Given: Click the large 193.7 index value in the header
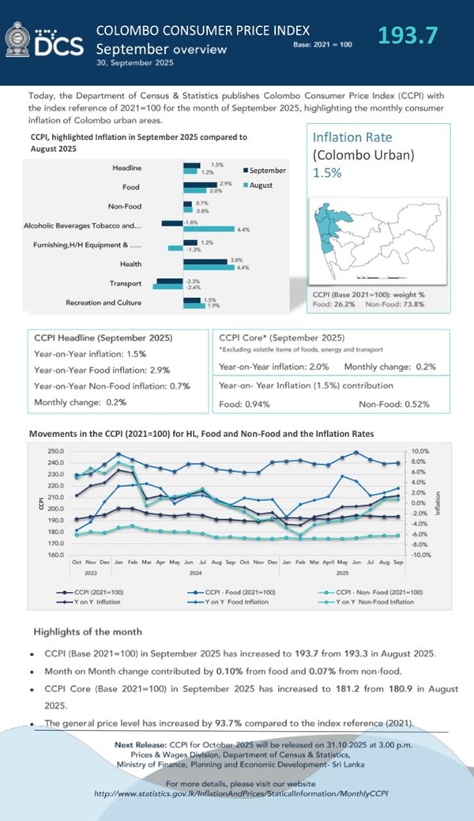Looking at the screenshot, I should click(407, 36).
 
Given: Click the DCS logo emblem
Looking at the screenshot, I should click(17, 40).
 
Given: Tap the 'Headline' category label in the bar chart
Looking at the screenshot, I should click(127, 168).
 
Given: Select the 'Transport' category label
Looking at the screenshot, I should click(126, 283).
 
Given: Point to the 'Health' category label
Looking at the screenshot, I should click(131, 264).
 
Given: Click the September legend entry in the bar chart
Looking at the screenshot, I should click(265, 171).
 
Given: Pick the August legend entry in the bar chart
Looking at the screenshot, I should click(261, 185).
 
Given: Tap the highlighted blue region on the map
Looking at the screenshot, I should click(332, 229).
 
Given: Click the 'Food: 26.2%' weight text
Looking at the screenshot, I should click(333, 303).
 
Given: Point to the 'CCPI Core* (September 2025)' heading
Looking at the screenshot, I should click(281, 338).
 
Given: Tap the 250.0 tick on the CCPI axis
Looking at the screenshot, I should click(55, 451).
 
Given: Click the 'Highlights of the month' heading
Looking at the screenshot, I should click(88, 632).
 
